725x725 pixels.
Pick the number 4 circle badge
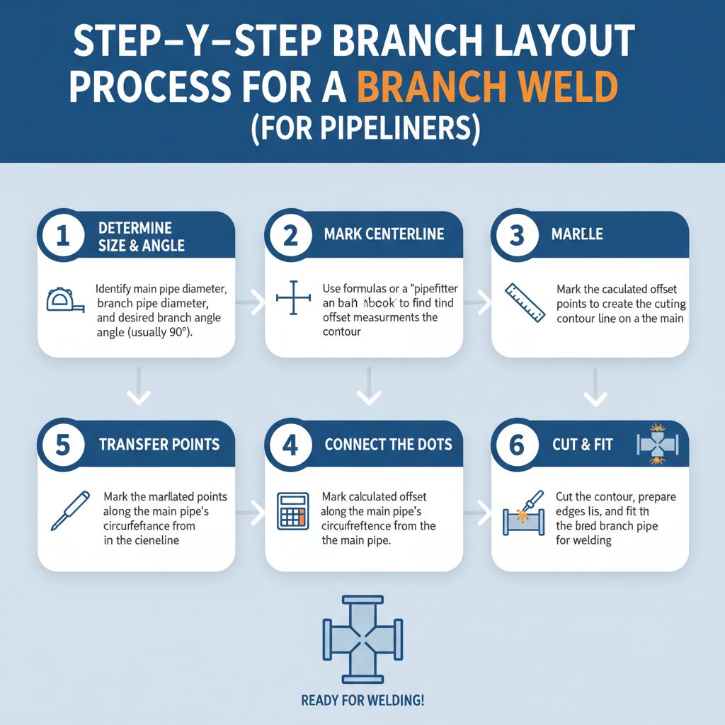[x=290, y=445]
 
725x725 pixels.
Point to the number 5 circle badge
[x=63, y=445]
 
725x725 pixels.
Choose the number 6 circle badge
[x=517, y=445]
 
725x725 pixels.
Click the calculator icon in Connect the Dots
[x=293, y=510]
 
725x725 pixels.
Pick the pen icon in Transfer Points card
[x=69, y=510]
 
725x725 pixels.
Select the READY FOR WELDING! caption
[x=362, y=701]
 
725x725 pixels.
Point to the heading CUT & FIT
[x=582, y=445]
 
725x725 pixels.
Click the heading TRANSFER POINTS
[x=159, y=445]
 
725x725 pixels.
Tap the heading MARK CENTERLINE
[x=384, y=234]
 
